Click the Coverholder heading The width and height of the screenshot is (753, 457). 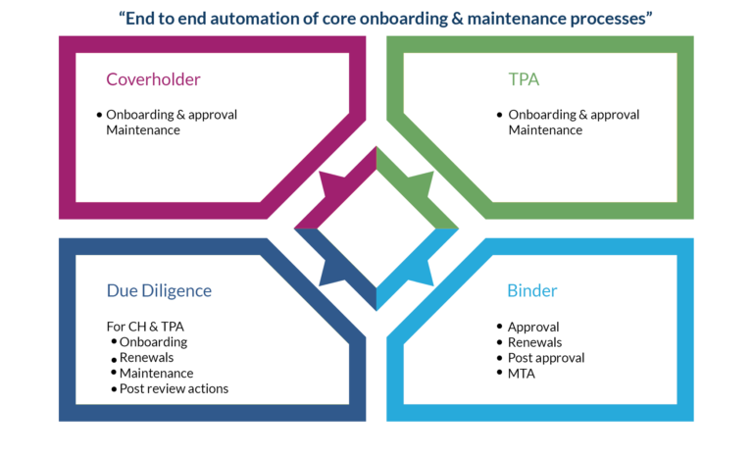pos(153,79)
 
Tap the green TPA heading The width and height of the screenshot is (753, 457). pos(524,79)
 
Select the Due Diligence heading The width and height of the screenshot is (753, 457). pos(159,290)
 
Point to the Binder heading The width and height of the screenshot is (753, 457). pos(532,290)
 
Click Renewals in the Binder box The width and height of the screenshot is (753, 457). pos(534,342)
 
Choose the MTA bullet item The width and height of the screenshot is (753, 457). pos(521,374)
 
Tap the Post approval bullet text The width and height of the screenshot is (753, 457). pos(546,358)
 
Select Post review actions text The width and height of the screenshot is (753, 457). pos(174,388)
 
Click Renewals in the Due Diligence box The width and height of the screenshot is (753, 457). pos(146,358)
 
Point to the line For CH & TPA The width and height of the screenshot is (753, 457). pos(145,327)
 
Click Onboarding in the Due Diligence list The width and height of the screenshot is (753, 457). pos(153,342)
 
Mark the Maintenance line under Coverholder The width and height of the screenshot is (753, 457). pos(143,130)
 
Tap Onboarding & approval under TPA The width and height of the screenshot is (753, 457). pos(574,115)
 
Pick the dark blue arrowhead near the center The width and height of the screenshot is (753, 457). pos(333,273)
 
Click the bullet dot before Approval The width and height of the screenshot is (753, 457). pos(500,327)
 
